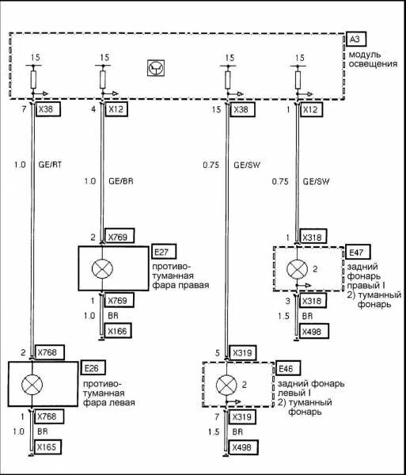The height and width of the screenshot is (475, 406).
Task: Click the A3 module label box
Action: (x=356, y=39)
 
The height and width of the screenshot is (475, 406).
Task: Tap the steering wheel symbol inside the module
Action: (x=156, y=68)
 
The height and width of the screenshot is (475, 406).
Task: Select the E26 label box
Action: (x=93, y=367)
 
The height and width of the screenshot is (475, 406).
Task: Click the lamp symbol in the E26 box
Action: (x=32, y=385)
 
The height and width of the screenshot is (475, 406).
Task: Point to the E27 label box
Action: (x=164, y=252)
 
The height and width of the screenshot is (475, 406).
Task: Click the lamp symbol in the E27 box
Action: (x=102, y=268)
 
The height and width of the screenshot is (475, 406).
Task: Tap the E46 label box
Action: (x=288, y=368)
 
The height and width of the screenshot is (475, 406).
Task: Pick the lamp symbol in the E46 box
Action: (x=226, y=385)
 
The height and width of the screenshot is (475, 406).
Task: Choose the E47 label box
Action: (x=358, y=252)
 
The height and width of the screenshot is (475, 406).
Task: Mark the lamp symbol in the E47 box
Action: (x=297, y=268)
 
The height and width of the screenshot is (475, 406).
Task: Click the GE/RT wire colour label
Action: (x=50, y=165)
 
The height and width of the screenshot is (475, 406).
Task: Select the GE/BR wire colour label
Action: (x=121, y=181)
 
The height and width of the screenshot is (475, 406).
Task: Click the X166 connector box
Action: (x=118, y=331)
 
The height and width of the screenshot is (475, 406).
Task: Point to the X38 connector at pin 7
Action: (x=48, y=109)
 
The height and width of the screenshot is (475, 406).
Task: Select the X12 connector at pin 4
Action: (x=116, y=109)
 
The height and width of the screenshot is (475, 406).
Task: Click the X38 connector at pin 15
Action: (x=242, y=109)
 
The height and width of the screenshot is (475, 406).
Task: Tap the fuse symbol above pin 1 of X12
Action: (x=298, y=80)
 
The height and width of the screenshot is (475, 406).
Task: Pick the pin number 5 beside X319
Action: (x=218, y=353)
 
